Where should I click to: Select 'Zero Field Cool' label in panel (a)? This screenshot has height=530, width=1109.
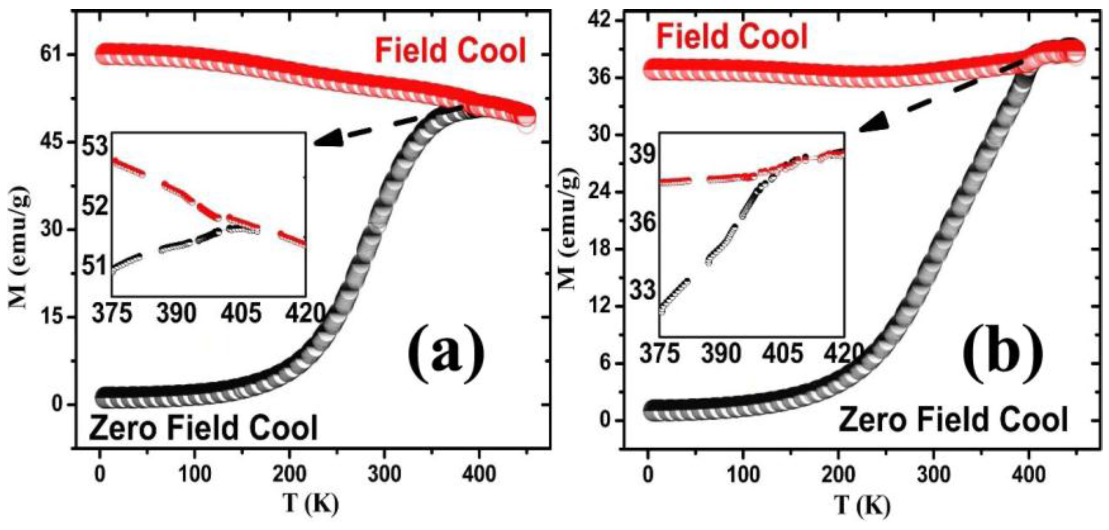click(x=203, y=427)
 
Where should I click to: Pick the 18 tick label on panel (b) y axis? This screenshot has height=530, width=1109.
click(x=600, y=249)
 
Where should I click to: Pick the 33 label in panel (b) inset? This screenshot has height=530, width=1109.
click(x=643, y=291)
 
